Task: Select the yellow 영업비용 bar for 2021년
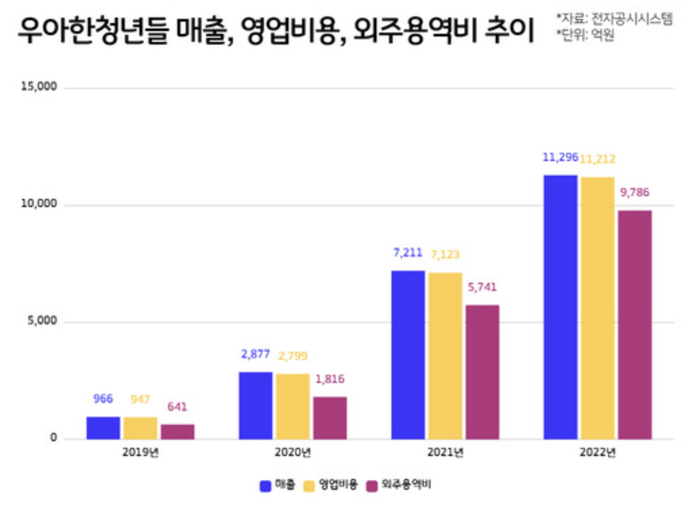click(x=445, y=356)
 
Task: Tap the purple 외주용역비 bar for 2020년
click(x=330, y=417)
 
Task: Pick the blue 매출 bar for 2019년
click(x=103, y=428)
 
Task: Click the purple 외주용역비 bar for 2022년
click(x=635, y=324)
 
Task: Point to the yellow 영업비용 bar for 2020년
click(x=293, y=406)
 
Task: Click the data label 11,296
click(x=560, y=158)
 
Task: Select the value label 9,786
click(x=634, y=192)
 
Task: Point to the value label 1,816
click(x=330, y=379)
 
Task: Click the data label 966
click(x=103, y=398)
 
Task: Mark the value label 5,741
click(x=482, y=287)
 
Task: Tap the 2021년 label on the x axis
click(x=445, y=452)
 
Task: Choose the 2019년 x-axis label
click(x=140, y=452)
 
